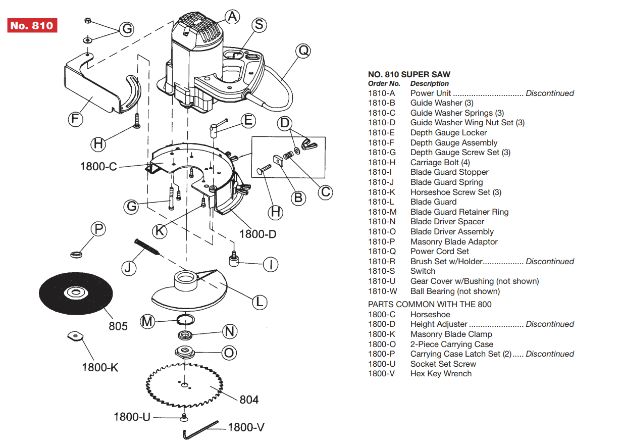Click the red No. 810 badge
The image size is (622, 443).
tap(32, 25)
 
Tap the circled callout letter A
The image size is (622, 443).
tap(232, 17)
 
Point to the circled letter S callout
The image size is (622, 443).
tap(258, 25)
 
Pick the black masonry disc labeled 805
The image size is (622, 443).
tap(75, 293)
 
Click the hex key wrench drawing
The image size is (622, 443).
tap(200, 429)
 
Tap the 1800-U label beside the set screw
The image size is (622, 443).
tap(132, 417)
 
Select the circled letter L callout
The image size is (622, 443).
tap(259, 302)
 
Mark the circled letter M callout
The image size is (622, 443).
tap(147, 321)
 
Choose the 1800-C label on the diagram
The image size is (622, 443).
tap(99, 166)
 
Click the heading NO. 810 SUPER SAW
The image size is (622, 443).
tap(409, 74)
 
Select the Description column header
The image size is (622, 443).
tap(429, 83)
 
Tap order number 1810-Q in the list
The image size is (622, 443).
tap(382, 252)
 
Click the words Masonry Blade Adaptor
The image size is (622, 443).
tap(453, 241)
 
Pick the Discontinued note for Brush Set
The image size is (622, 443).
tap(549, 262)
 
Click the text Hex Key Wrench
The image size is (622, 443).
tap(441, 374)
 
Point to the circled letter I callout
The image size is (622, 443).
tap(271, 264)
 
